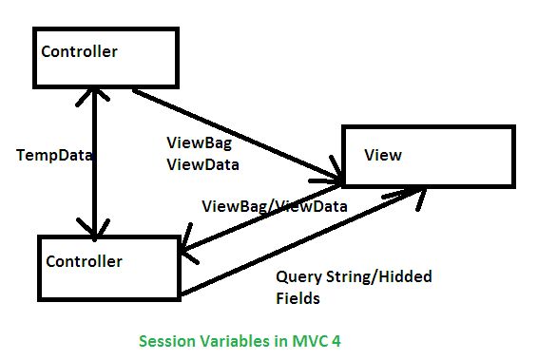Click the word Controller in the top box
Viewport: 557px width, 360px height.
tap(79, 51)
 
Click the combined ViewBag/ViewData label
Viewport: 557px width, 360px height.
tap(275, 205)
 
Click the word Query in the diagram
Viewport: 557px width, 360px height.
tap(297, 277)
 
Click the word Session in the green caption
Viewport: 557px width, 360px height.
tap(165, 340)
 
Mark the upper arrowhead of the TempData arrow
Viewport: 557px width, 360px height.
tap(91, 93)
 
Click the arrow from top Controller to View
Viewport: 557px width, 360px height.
tap(238, 134)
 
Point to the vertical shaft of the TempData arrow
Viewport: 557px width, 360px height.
tap(92, 161)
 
